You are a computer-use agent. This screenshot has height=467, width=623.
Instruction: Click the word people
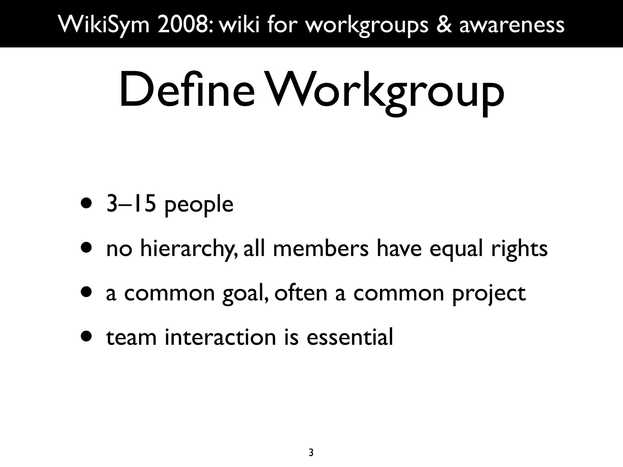click(199, 206)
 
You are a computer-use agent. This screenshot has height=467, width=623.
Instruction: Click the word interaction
click(220, 337)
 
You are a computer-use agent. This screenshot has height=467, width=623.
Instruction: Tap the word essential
click(350, 337)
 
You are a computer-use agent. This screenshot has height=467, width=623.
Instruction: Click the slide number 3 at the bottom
click(311, 453)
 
